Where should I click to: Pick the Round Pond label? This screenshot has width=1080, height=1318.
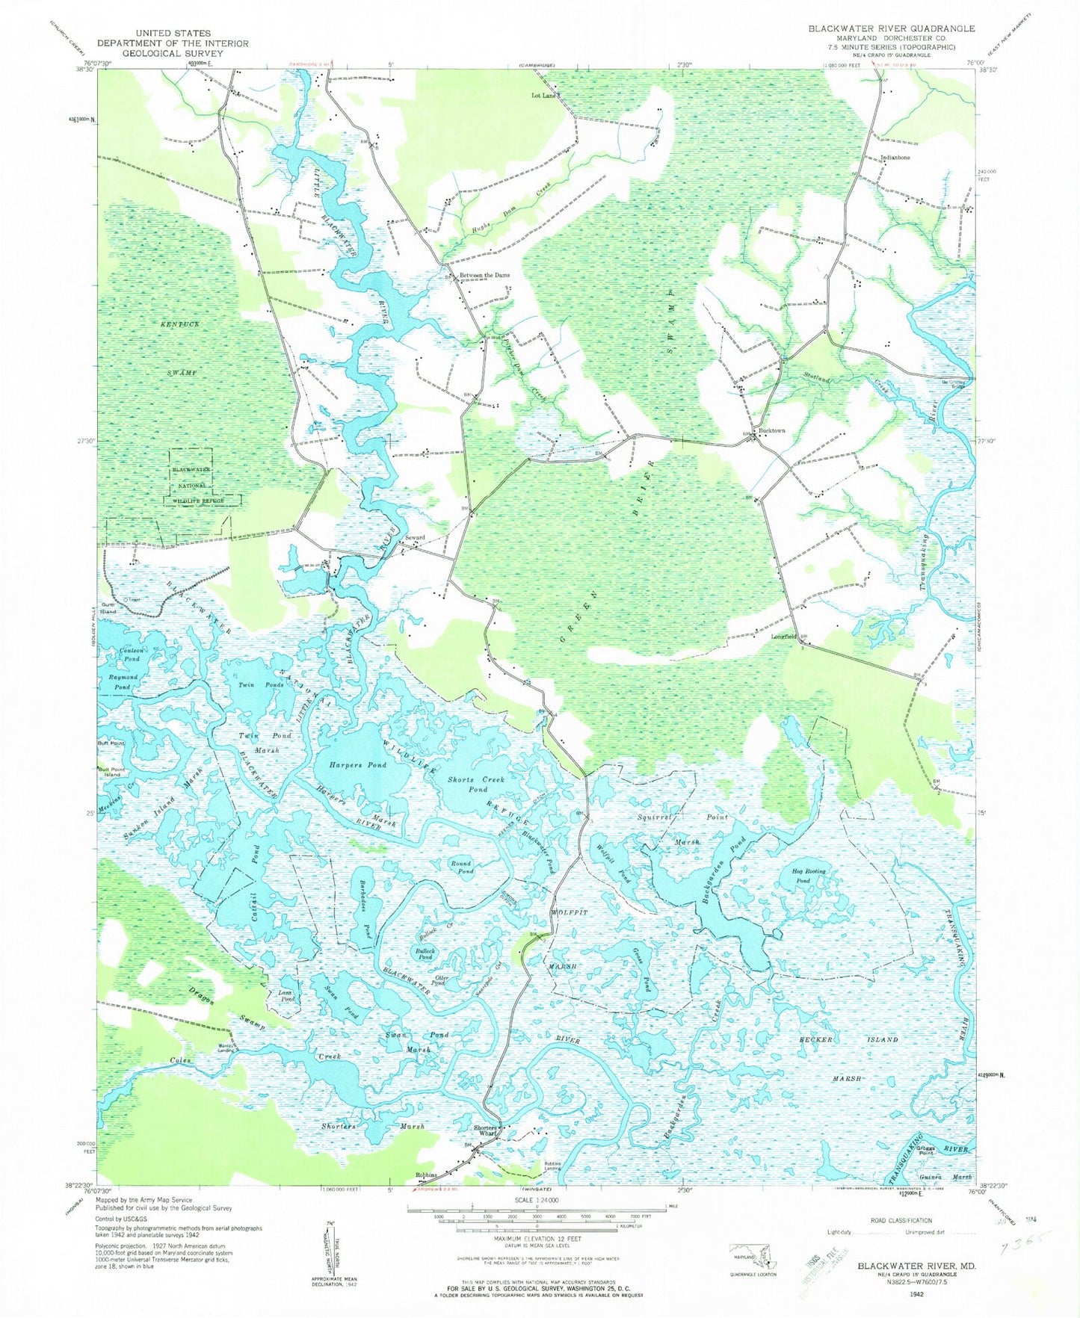[x=462, y=867]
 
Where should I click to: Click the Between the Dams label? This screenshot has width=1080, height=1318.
[x=484, y=275]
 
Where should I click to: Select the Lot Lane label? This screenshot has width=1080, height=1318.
[x=543, y=96]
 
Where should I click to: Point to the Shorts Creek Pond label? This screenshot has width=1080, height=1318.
[x=476, y=784]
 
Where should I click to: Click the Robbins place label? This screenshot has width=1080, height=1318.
[x=426, y=1175]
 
